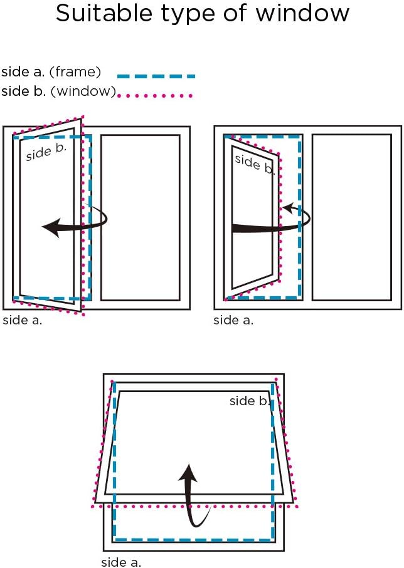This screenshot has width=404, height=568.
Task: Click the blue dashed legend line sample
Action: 156,76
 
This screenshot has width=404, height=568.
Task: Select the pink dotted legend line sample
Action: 155,95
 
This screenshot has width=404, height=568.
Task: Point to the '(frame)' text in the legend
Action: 75,73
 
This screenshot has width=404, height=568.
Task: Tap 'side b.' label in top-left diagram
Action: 45,152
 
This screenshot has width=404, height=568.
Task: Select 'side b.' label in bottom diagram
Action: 250,401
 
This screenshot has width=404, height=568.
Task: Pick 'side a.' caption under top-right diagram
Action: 233,320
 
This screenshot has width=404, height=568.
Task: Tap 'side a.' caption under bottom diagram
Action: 121,562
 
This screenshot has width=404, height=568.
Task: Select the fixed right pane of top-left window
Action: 140,217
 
